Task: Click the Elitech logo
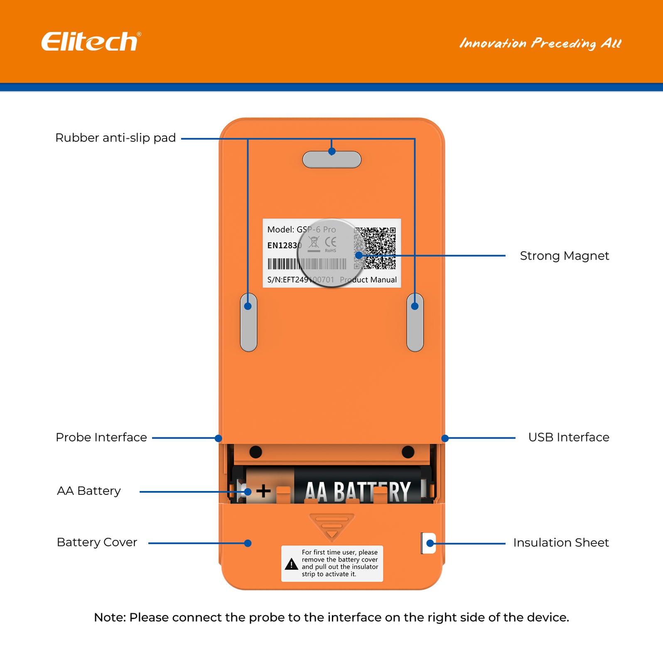(x=91, y=42)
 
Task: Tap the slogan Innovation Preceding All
(x=540, y=43)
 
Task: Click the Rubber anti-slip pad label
(x=115, y=138)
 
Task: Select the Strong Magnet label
(x=564, y=256)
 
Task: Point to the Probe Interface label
(x=101, y=437)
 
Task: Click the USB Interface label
(x=568, y=437)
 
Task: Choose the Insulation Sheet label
(x=561, y=543)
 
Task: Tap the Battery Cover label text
(x=97, y=543)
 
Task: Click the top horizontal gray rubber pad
(x=331, y=160)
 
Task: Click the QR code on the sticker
(x=375, y=248)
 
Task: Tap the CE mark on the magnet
(x=331, y=242)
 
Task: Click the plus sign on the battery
(x=263, y=491)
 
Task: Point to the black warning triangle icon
(x=292, y=564)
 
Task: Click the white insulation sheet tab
(x=428, y=543)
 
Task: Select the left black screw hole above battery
(x=255, y=452)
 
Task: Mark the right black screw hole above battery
(x=408, y=452)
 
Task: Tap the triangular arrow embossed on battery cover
(x=331, y=527)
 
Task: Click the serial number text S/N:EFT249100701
(x=300, y=280)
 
